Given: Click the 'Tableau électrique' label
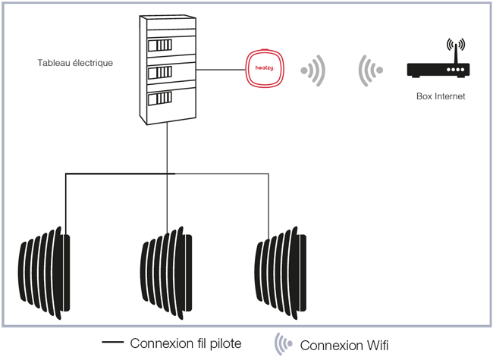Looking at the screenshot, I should (x=75, y=63).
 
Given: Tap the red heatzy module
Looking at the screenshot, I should (x=264, y=70).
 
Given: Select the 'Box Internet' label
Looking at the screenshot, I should (x=441, y=97).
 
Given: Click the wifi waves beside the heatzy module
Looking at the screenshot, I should (x=313, y=71).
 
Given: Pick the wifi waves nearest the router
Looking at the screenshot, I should (x=369, y=70).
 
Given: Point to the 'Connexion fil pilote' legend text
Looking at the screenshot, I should (x=186, y=343).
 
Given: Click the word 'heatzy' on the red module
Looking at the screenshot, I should (x=263, y=70).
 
